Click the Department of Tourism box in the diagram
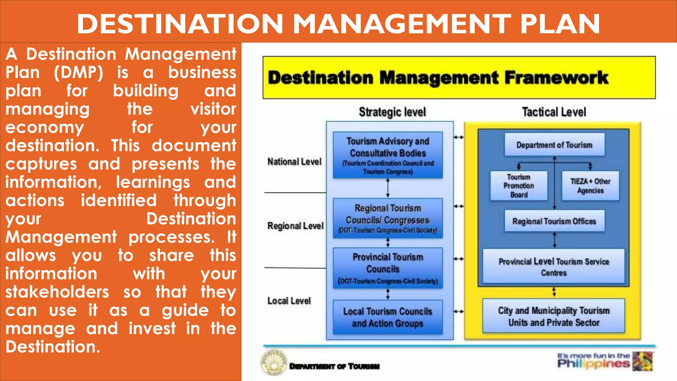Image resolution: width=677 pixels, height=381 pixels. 554,145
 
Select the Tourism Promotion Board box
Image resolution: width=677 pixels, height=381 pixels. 519,186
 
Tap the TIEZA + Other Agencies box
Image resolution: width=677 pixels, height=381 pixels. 590,186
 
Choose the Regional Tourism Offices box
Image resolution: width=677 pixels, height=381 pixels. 554,221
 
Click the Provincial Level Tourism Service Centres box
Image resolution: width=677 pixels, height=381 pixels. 554,267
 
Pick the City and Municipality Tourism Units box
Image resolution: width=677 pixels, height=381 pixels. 554,316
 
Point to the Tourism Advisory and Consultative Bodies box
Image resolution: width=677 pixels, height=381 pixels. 388,155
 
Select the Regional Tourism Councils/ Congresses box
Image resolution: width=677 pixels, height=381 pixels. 388,218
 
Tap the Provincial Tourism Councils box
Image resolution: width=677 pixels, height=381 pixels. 388,268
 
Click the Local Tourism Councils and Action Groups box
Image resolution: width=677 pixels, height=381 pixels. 388,317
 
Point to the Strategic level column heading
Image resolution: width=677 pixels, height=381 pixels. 392,112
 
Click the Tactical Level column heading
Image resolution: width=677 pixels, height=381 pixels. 554,112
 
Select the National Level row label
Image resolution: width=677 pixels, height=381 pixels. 294,162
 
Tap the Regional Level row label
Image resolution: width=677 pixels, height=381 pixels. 295,226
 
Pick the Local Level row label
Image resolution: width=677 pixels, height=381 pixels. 289,301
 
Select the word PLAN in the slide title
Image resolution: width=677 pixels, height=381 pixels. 560,24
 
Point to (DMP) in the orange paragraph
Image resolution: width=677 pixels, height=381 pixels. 79,72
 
